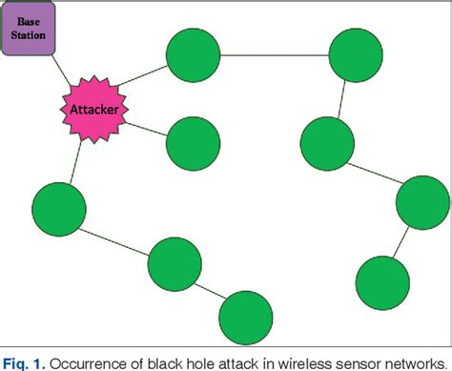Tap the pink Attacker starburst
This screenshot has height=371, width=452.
(x=95, y=110)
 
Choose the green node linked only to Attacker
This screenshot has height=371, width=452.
(x=194, y=144)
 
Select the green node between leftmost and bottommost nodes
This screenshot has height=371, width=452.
(x=175, y=263)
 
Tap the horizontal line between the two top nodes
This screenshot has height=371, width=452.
(x=275, y=56)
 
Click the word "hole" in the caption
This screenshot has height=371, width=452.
(x=201, y=361)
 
